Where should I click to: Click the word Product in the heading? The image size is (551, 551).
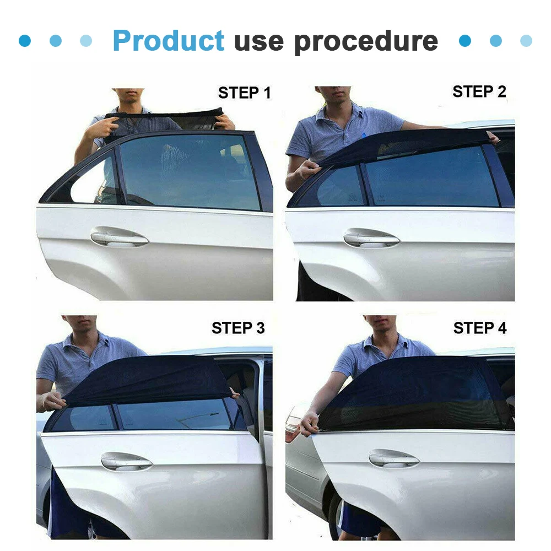coord(169,40)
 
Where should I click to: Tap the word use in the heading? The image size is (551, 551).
coord(259,43)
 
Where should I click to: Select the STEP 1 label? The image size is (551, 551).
coord(245,93)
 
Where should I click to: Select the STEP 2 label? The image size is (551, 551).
coord(479,91)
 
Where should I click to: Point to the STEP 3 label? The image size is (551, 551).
coord(238,328)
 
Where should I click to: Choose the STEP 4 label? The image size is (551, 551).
coord(480,328)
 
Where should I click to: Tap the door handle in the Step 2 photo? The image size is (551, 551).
coord(371,238)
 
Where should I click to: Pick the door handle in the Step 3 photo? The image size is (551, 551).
coord(127,461)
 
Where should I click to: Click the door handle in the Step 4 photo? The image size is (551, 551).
coord(393,458)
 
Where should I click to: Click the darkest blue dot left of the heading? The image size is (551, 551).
coord(25,40)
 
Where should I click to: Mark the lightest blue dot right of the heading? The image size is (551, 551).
coord(526,40)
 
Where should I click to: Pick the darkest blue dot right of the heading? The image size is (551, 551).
coord(465,40)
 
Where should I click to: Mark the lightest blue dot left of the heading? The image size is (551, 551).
coord(86,40)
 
